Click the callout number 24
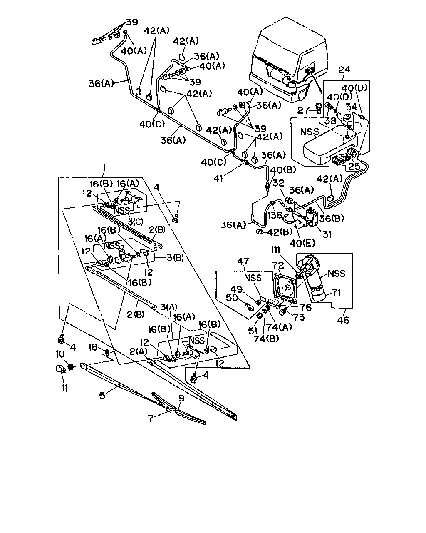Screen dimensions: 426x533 coord(344,70)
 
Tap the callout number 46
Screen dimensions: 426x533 coord(343,320)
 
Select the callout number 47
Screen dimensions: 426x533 coord(243,261)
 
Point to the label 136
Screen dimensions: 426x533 coord(275,215)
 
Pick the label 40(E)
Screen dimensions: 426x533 coord(302,244)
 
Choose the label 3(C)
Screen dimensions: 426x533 coord(136,222)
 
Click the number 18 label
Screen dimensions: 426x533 coord(93,347)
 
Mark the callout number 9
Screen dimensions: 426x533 coord(181,398)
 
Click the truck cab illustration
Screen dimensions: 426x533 coord(287,60)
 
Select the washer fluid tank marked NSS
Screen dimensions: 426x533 coord(330,145)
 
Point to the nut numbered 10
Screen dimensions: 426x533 coord(71,367)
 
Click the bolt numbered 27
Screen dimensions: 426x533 coord(318,109)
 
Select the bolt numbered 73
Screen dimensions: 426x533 coord(283,311)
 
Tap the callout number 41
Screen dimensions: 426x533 coord(218,178)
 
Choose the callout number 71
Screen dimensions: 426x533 coord(337,292)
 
